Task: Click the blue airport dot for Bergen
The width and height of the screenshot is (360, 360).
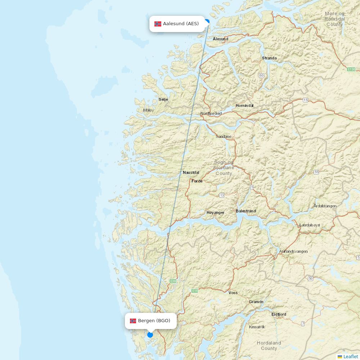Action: point(150,335)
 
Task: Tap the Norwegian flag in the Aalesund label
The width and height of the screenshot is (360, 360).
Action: point(158,24)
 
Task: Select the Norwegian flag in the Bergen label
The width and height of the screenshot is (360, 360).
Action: point(133,321)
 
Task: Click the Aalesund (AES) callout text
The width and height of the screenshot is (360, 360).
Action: point(181,24)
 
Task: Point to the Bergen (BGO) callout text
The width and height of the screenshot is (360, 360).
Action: point(154,321)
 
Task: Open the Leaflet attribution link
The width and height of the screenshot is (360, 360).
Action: point(350,356)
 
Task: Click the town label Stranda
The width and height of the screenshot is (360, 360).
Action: point(269,58)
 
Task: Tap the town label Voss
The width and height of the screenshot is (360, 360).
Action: point(233,293)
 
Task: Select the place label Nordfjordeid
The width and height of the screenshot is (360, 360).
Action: point(211,114)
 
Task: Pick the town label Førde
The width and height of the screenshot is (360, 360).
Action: point(197,181)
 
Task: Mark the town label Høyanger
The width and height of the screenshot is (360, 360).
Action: point(215,213)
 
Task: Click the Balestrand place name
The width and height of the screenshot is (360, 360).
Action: point(246,211)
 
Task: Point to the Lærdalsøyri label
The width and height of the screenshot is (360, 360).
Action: point(310,225)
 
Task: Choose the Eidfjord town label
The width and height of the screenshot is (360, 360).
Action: point(279,314)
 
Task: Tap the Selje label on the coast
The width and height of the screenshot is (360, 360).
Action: point(163,99)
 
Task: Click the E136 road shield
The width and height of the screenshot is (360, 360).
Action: point(351,69)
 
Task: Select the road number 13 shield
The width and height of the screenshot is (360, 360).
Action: point(221,195)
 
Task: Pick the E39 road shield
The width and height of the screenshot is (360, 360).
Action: point(173,281)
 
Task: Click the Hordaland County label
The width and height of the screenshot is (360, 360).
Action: point(269,346)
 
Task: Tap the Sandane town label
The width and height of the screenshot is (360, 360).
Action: point(223,137)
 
